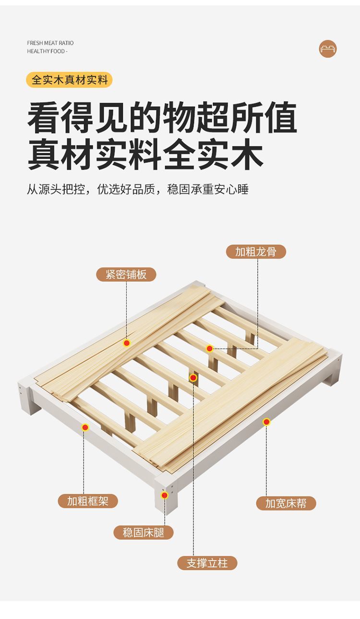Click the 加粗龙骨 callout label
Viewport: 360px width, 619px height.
coord(256,252)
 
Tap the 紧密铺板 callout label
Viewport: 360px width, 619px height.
coord(126,275)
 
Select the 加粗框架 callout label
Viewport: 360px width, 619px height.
coord(88,501)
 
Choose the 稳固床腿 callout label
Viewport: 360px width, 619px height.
coord(144,532)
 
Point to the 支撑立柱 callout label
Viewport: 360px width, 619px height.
coord(207,563)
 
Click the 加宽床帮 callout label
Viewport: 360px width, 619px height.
coord(286,503)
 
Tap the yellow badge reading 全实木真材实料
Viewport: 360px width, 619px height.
coord(70,80)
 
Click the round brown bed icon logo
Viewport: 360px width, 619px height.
coord(328,49)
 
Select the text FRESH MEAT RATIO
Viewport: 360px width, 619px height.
coord(50,43)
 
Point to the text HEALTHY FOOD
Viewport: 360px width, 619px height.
coord(47,51)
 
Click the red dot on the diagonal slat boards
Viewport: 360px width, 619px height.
coord(127,343)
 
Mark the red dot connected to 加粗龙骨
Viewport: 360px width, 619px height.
coord(210,349)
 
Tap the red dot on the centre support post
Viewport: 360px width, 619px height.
coord(193,378)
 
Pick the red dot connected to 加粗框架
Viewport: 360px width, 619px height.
coord(85,427)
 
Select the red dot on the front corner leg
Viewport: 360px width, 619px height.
coord(165,495)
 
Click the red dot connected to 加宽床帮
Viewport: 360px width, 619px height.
coord(266,422)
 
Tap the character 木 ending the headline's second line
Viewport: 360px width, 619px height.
coord(247,154)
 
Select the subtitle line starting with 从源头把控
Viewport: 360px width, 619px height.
coord(137,189)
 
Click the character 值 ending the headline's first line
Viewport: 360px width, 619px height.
coord(281,118)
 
